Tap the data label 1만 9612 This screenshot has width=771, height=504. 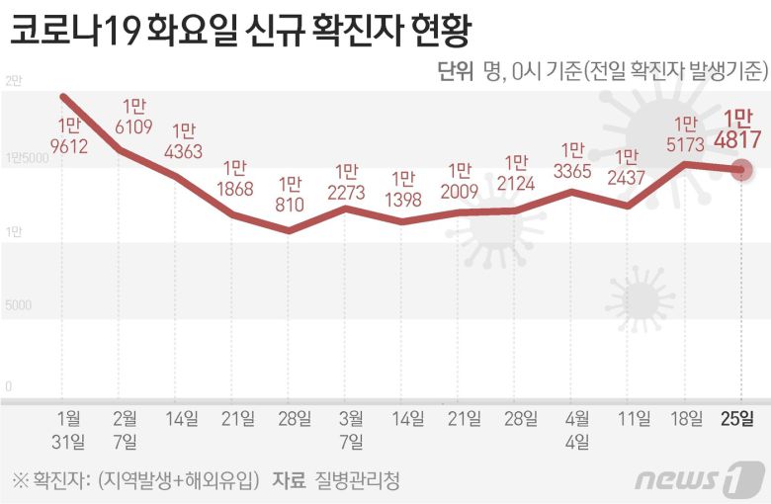pos(69,138)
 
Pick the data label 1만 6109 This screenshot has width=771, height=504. pos(134,117)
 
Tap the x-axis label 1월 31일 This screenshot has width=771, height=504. pos(70,429)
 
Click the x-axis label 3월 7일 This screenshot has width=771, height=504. pos(349,429)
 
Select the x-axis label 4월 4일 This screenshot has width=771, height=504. pos(573,429)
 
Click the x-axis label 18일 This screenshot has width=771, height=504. pos(685,418)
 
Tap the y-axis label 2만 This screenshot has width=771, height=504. pos(12,81)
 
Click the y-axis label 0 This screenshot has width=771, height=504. pos(7,385)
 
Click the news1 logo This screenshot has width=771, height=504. pos(700,478)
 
